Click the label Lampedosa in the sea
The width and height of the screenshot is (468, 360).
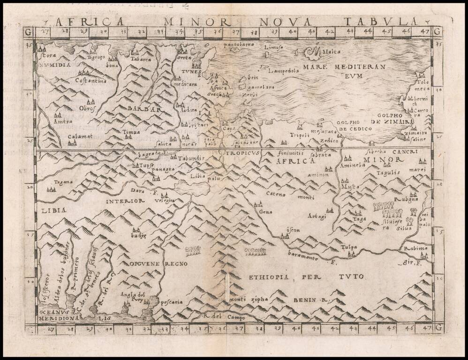[x=284, y=72]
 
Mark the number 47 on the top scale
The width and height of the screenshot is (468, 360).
[x=425, y=32]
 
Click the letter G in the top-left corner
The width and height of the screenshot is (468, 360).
[x=29, y=32]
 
